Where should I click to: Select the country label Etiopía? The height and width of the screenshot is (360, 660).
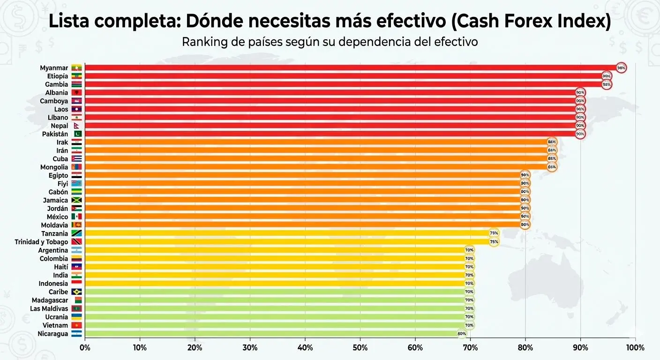(57, 76)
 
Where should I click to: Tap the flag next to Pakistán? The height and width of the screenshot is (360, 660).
(76, 134)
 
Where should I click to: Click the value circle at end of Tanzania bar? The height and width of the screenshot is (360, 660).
(494, 233)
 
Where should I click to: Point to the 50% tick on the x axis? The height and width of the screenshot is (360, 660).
(360, 348)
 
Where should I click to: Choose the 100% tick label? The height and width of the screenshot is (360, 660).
(635, 348)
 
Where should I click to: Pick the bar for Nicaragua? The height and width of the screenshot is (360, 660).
(272, 334)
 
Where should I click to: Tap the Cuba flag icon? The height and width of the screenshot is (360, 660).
(76, 159)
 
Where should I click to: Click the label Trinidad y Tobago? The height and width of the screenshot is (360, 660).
(41, 242)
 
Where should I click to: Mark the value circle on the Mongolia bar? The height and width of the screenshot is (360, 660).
(552, 167)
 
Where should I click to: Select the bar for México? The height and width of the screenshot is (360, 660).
(305, 217)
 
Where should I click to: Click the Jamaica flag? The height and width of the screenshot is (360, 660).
(76, 200)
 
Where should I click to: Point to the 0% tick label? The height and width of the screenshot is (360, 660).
(85, 348)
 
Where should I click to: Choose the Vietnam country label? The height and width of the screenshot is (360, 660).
(55, 325)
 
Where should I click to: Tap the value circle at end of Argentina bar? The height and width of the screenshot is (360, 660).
(469, 250)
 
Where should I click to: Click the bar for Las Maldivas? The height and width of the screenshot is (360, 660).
(277, 308)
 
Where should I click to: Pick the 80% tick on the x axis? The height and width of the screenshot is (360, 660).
(525, 348)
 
